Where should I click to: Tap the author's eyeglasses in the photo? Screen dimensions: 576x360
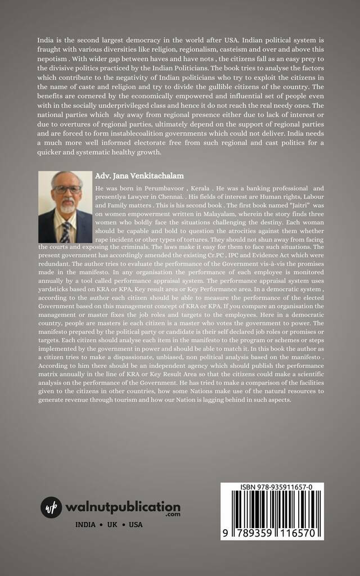click(x=67, y=190)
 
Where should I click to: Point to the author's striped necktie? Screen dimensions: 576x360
click(x=66, y=231)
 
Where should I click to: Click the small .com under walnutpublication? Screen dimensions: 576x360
click(x=173, y=515)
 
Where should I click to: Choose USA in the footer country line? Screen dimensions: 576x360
click(x=136, y=525)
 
